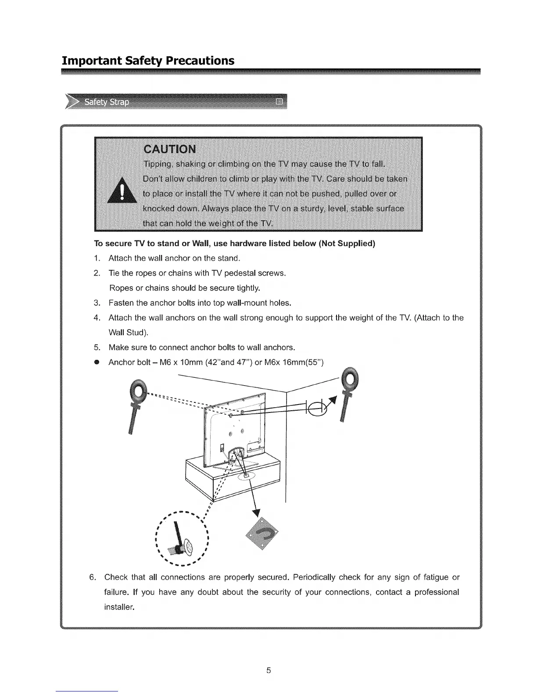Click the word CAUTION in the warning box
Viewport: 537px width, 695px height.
[x=170, y=149]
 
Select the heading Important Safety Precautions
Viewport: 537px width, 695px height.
[x=148, y=60]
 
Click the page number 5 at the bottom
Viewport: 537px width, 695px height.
[x=268, y=670]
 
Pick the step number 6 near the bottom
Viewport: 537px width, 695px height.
[x=92, y=577]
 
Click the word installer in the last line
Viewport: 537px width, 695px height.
[x=118, y=607]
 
